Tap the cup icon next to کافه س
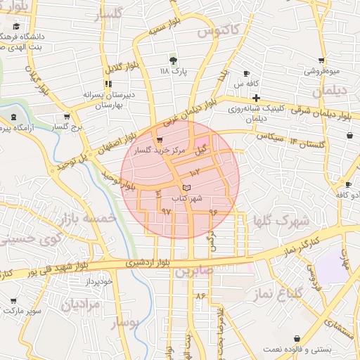[x=247, y=73]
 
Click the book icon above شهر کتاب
[x=186, y=187]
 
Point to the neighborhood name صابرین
[x=193, y=271]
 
